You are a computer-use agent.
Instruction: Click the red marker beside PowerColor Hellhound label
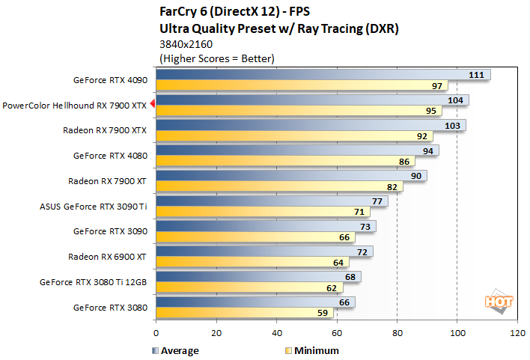pyautogui.click(x=152, y=105)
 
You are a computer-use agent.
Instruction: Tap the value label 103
pyautogui.click(x=452, y=125)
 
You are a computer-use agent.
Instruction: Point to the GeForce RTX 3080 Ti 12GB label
pyautogui.click(x=94, y=283)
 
